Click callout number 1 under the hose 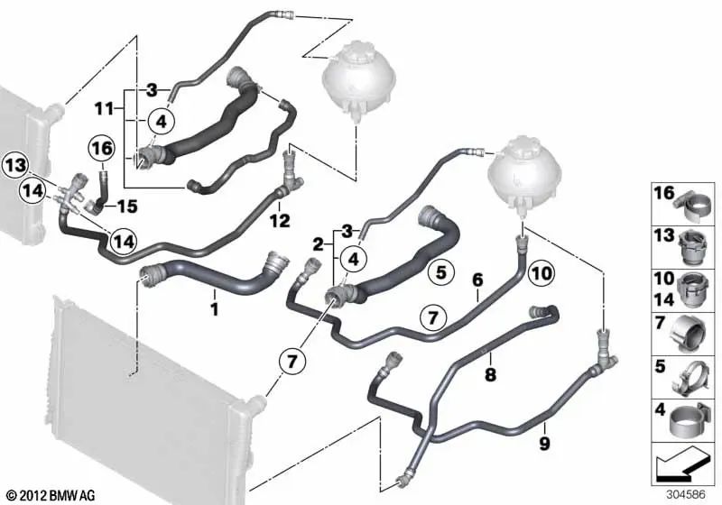pos(214,308)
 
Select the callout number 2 pos(319,243)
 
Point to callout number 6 pos(477,280)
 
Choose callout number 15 pos(127,207)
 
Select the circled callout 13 pos(14,164)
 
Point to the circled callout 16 pos(101,148)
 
